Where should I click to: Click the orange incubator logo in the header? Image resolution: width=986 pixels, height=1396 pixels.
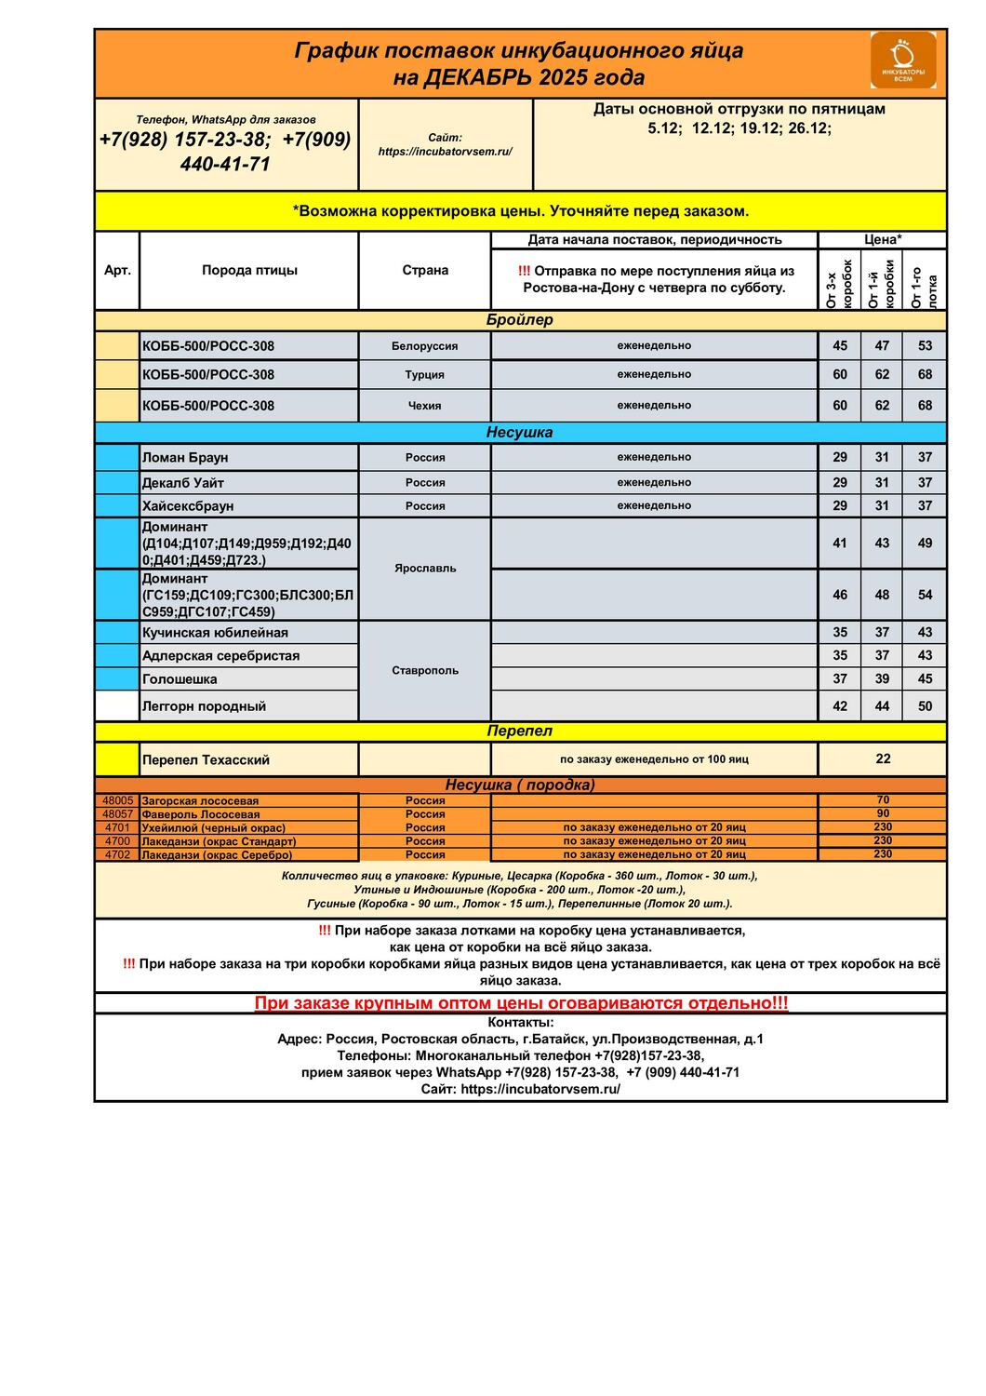pyautogui.click(x=902, y=60)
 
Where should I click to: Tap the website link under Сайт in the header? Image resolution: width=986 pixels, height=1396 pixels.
pyautogui.click(x=445, y=152)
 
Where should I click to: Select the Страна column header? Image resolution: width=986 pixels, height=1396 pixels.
pyautogui.click(x=425, y=271)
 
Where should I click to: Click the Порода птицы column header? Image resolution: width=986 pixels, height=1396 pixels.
pyautogui.click(x=249, y=271)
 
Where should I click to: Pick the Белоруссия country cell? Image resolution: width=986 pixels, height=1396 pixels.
pyautogui.click(x=425, y=346)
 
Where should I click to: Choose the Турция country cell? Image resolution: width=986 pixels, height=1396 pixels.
pyautogui.click(x=425, y=375)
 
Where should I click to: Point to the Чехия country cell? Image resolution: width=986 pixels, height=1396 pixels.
pyautogui.click(x=425, y=406)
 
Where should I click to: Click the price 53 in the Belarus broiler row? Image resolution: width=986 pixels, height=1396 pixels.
pyautogui.click(x=925, y=346)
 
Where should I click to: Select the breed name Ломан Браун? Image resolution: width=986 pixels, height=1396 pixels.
pyautogui.click(x=185, y=458)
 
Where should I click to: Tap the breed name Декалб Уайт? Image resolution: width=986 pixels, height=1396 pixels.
pyautogui.click(x=183, y=483)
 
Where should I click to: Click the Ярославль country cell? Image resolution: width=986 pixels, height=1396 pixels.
pyautogui.click(x=425, y=569)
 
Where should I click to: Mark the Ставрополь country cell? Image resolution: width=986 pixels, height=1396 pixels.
pyautogui.click(x=425, y=671)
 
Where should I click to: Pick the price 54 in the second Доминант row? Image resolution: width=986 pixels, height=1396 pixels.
pyautogui.click(x=925, y=595)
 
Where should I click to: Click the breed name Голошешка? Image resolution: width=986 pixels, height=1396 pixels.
pyautogui.click(x=180, y=679)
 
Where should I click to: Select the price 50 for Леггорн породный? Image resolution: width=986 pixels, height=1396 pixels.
pyautogui.click(x=925, y=706)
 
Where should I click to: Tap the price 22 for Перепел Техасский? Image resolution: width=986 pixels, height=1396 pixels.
pyautogui.click(x=883, y=759)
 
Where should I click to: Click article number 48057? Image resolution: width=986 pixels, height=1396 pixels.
pyautogui.click(x=118, y=814)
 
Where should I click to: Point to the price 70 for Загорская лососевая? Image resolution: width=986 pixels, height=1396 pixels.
pyautogui.click(x=883, y=800)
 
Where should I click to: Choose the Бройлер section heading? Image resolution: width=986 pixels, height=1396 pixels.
pyautogui.click(x=519, y=320)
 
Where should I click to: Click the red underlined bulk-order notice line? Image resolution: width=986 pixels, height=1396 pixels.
pyautogui.click(x=521, y=1003)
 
